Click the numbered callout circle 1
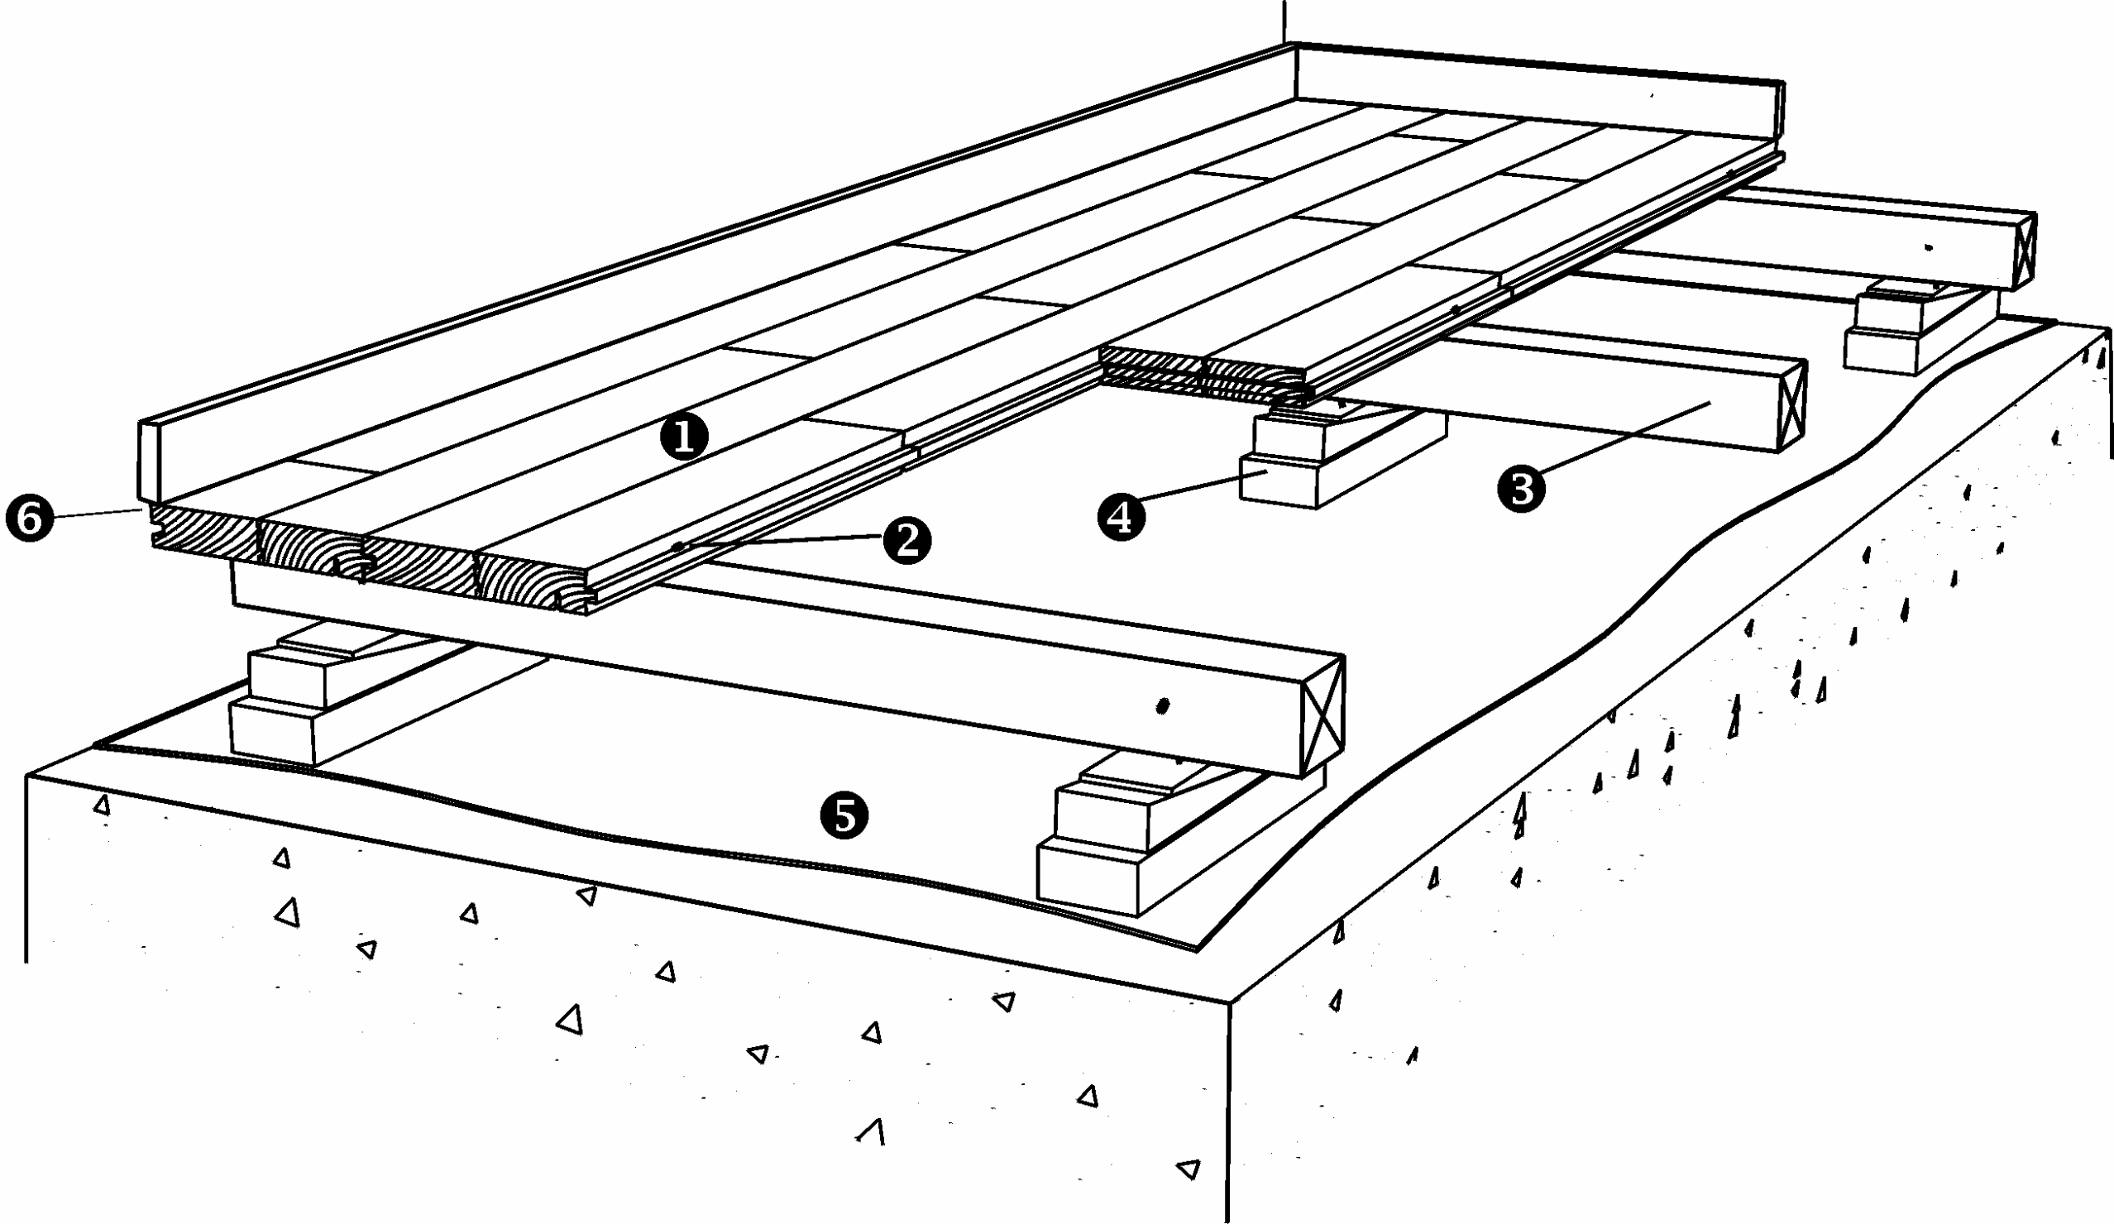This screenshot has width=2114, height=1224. coord(685,437)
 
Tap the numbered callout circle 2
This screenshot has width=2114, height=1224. coord(906,540)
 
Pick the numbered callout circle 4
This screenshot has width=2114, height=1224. coord(1121,516)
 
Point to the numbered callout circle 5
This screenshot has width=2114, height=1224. coord(844,815)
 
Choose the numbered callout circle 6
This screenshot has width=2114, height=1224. coord(30,519)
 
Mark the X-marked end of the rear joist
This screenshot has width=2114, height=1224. coord(2023,251)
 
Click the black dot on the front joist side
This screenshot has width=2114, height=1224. coord(1162,706)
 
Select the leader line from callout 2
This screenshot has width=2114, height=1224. coord(780,543)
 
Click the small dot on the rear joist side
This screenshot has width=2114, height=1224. coord(1929,247)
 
